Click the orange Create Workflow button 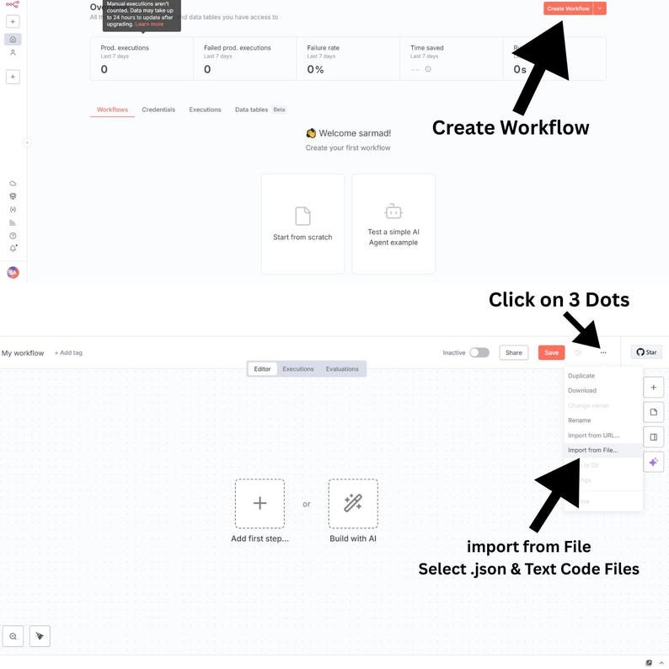click(x=567, y=8)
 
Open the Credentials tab click(x=158, y=110)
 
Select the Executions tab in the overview click(x=205, y=110)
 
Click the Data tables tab click(x=251, y=110)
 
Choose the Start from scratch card click(x=302, y=223)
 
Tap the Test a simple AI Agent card click(x=393, y=223)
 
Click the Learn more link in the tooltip click(x=150, y=24)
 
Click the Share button click(x=513, y=353)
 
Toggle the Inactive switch click(x=479, y=353)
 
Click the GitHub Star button click(x=646, y=352)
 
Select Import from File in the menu click(x=592, y=450)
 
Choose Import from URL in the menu click(x=593, y=436)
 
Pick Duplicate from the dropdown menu click(x=581, y=376)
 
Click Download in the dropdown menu click(x=582, y=390)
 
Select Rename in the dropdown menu click(x=580, y=420)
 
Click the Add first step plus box click(x=260, y=504)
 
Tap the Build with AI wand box click(x=353, y=504)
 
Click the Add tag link click(x=68, y=353)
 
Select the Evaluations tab click(x=342, y=369)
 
